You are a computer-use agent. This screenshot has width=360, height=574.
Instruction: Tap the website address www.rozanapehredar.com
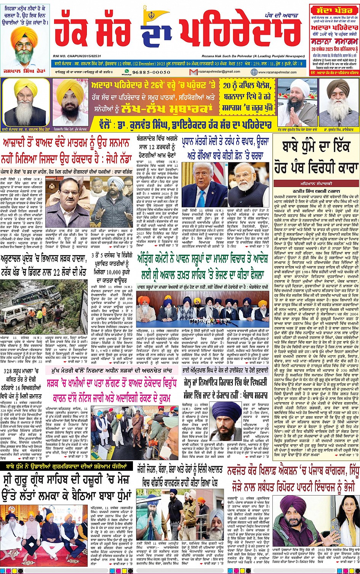pos(280,72)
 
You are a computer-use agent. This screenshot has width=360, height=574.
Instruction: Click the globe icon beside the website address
pos(254,72)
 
